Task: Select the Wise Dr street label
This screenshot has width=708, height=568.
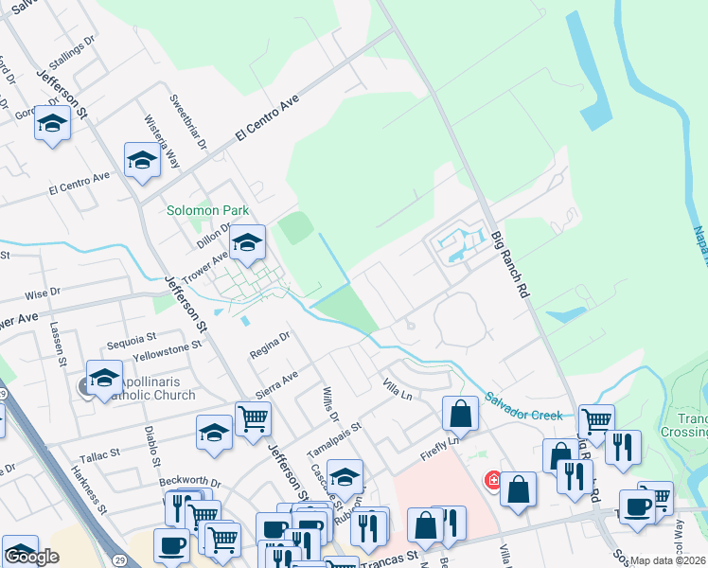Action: (43, 293)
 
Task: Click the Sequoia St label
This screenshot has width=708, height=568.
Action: (132, 337)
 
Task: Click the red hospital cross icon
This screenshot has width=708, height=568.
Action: (492, 480)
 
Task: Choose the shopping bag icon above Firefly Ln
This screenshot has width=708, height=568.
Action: (460, 412)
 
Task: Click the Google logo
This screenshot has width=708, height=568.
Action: (31, 557)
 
